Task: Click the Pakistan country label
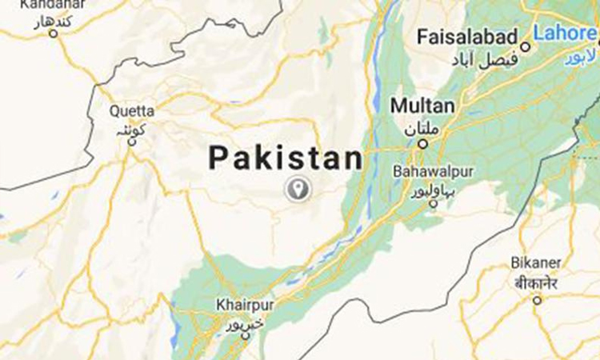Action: (x=286, y=158)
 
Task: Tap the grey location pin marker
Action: (x=298, y=189)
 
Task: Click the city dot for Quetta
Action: (x=133, y=142)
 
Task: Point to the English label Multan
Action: (x=422, y=106)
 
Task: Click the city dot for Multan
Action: (x=422, y=144)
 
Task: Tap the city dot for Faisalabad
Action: (x=526, y=46)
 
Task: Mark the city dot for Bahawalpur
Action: (x=433, y=203)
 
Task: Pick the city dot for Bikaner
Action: (x=537, y=300)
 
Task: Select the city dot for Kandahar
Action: (x=54, y=33)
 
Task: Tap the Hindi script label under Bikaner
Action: (x=537, y=282)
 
